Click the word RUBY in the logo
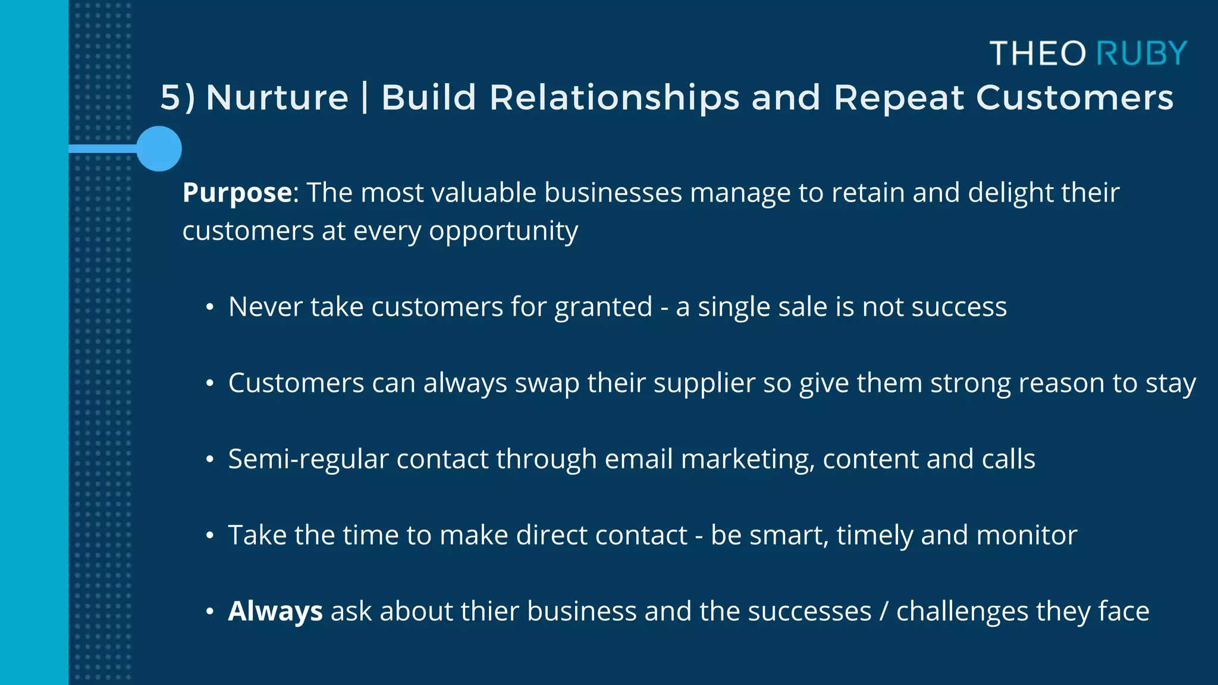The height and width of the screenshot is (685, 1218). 1141,54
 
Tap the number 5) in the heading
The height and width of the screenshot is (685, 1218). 177,98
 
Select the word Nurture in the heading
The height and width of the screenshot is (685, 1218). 277,98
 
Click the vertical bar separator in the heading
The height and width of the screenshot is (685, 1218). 365,98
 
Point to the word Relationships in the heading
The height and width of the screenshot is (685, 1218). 614,98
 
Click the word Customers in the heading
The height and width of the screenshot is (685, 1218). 1075,98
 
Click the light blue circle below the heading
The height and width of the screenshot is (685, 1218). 159,149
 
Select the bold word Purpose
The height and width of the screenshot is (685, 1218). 237,193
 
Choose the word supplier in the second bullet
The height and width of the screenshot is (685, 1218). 704,384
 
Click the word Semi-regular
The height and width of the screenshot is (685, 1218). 308,460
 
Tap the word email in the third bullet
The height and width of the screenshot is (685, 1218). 638,459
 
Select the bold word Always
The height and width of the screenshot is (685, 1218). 275,612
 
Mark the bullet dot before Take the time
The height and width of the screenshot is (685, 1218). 209,536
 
